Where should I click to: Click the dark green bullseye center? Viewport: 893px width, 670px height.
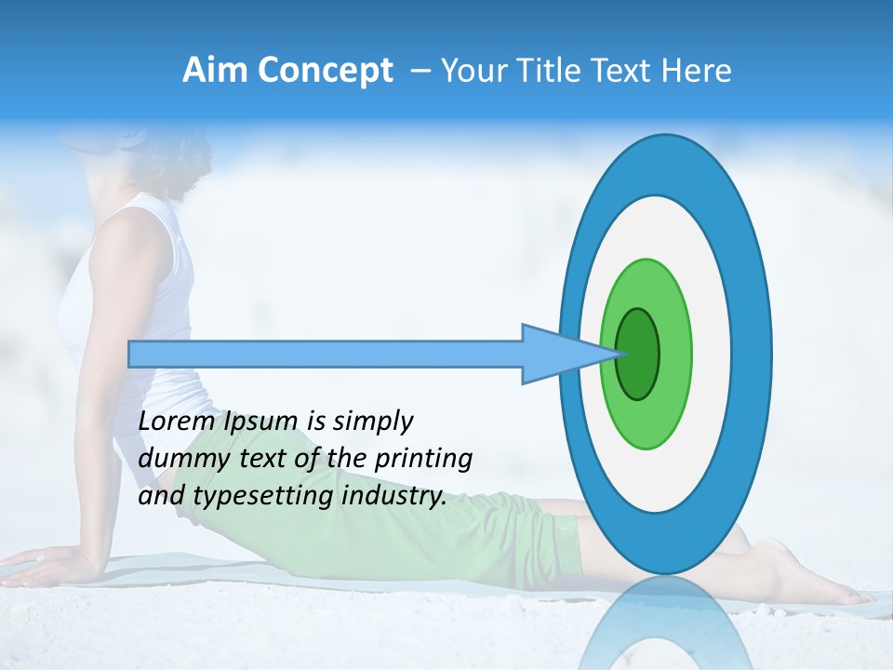pos(638,354)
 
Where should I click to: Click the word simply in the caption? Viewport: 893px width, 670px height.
pos(372,422)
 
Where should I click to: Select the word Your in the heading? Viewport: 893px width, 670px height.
pos(471,71)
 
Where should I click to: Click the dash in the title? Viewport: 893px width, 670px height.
pos(420,72)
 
